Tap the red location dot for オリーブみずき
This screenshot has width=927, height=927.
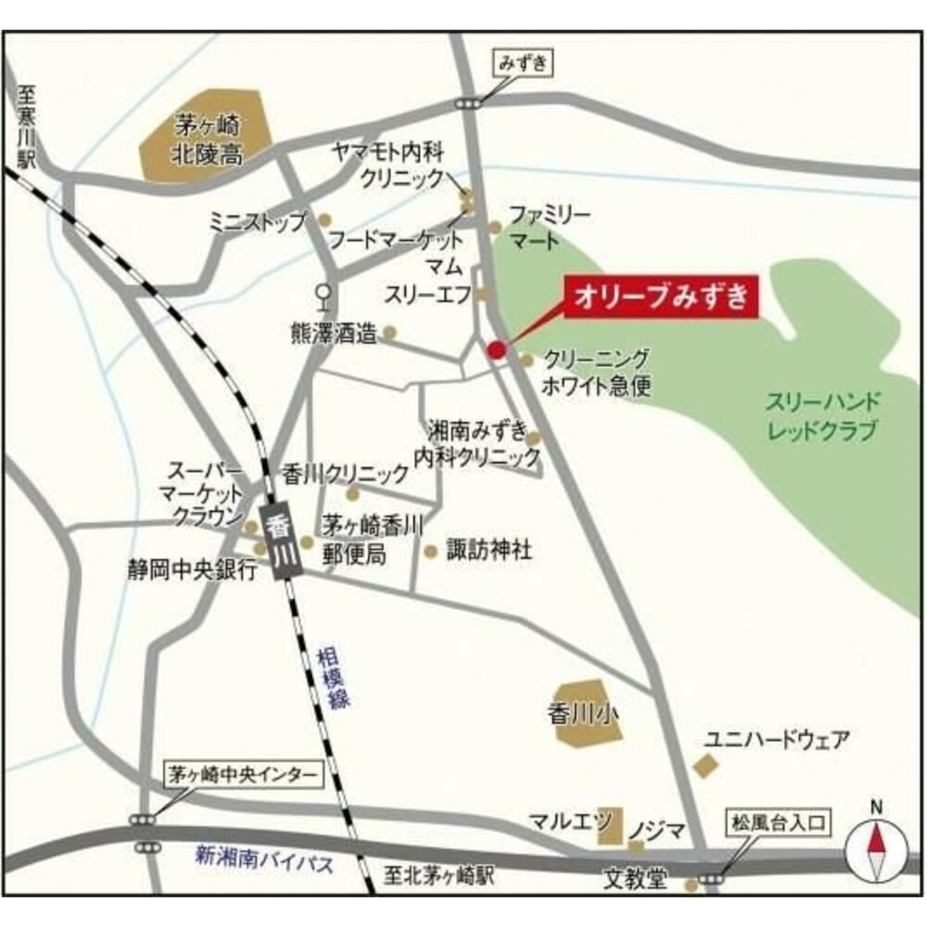[x=496, y=349]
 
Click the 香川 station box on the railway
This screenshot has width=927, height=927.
[x=278, y=543]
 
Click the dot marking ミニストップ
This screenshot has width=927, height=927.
[x=324, y=220]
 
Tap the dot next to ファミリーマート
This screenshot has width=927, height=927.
[x=495, y=227]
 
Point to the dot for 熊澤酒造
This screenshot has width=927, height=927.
[x=390, y=332]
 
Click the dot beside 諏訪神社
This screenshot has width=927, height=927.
[x=430, y=552]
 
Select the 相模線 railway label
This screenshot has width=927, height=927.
[x=334, y=679]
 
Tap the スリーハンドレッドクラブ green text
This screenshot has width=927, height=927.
[x=822, y=417]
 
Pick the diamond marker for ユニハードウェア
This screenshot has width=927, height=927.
[x=705, y=766]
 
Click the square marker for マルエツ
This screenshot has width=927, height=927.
[x=609, y=824]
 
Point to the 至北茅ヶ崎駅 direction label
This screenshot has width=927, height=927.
[x=440, y=875]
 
